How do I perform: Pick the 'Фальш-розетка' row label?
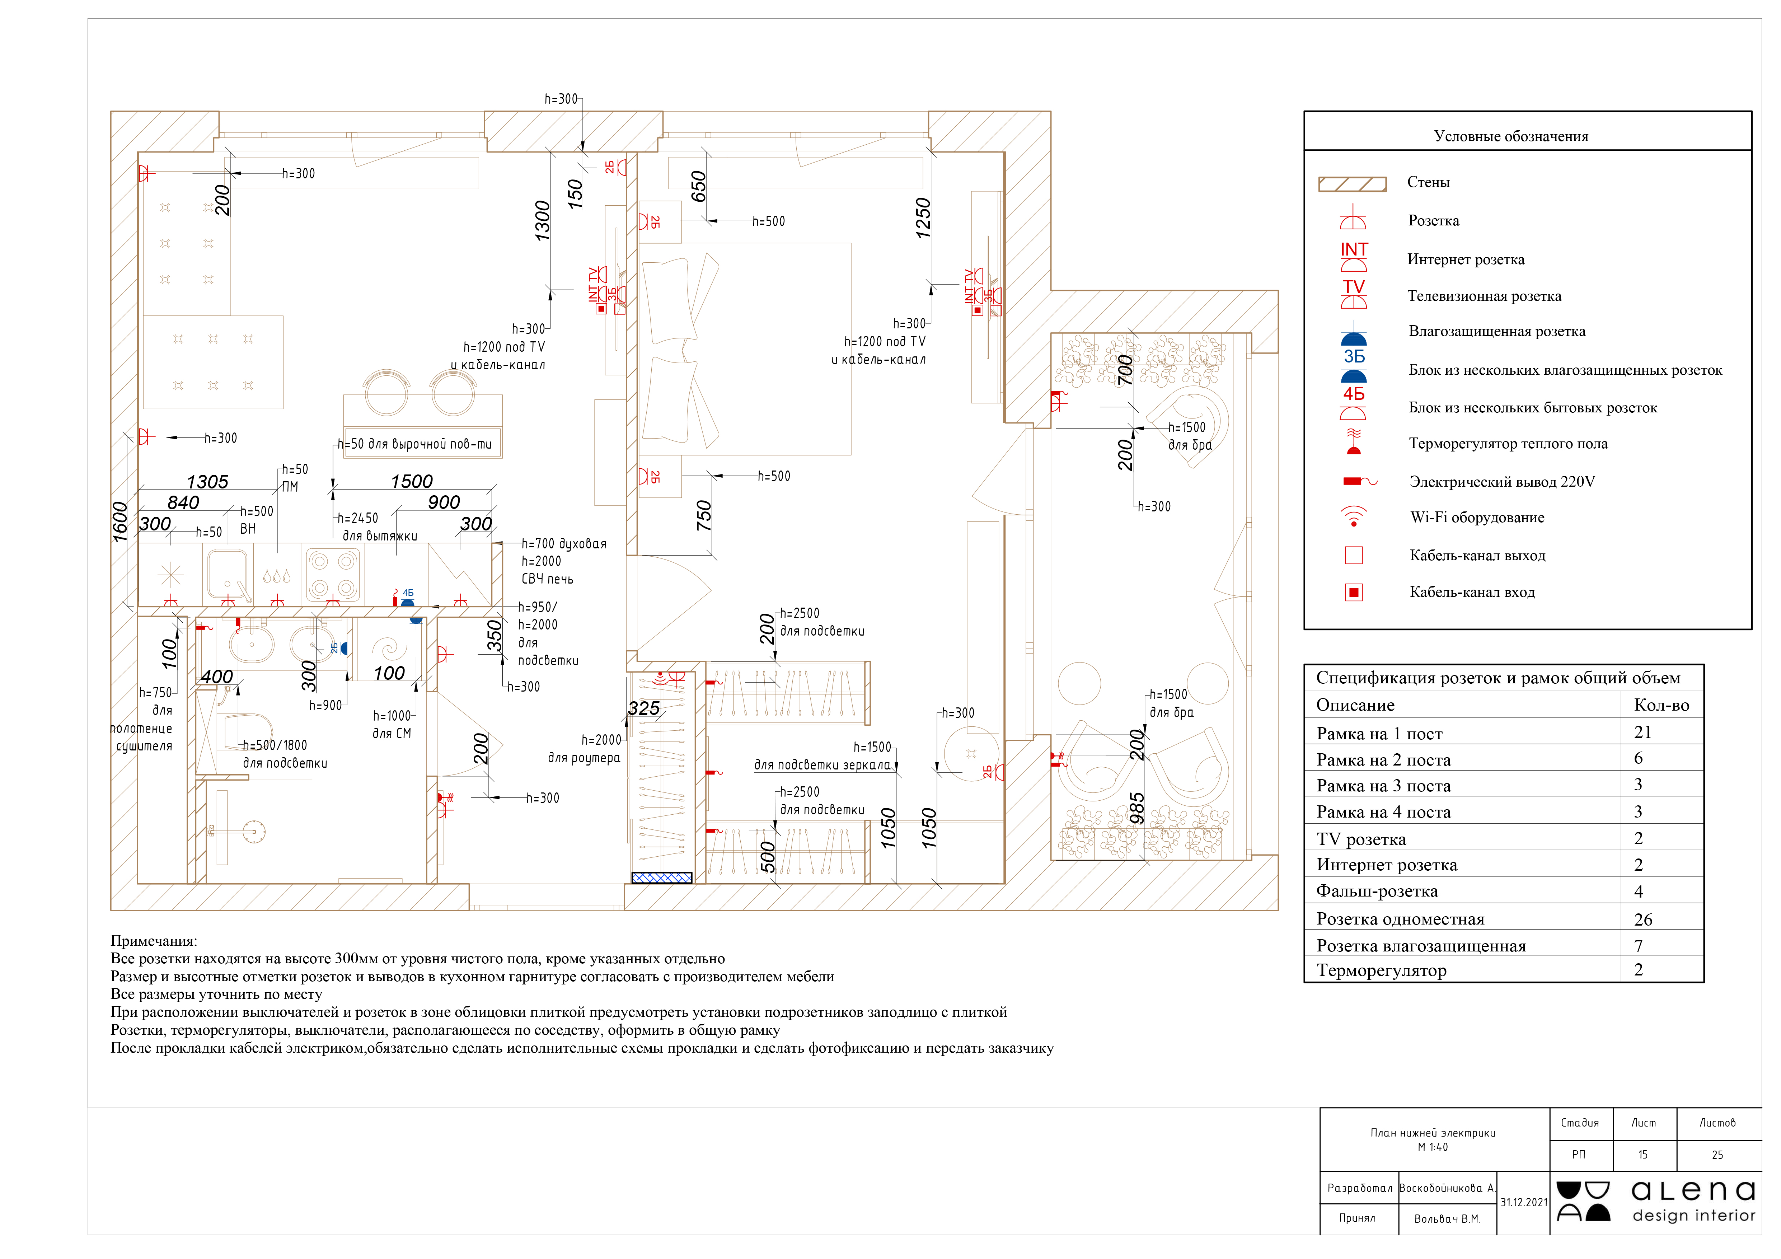(x=1377, y=891)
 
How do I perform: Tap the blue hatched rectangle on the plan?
(x=662, y=877)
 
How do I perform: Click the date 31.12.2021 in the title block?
(x=1523, y=1202)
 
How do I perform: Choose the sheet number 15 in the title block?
(x=1643, y=1155)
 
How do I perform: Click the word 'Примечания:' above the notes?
(x=154, y=941)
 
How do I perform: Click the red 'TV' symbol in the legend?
(x=1354, y=294)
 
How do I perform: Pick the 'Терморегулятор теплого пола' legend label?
(x=1508, y=444)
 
